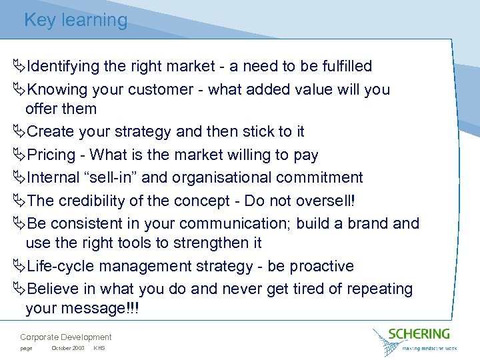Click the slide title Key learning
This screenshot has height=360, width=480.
[75, 20]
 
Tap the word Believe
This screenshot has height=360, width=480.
[53, 289]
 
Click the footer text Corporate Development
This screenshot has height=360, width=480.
[66, 337]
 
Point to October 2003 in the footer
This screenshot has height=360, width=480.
[67, 348]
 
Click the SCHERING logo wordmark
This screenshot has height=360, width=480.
[420, 334]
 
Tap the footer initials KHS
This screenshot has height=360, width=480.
[99, 348]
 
